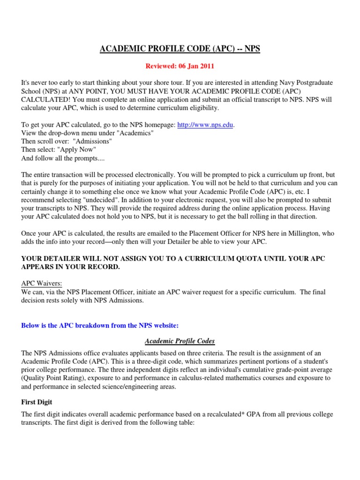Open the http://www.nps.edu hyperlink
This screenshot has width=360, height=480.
point(205,125)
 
